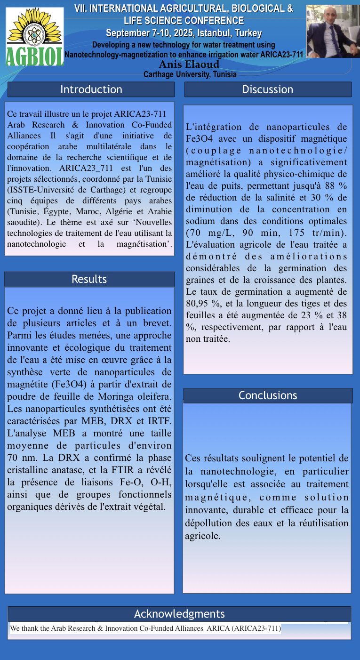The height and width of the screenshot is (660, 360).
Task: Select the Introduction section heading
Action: coord(91,89)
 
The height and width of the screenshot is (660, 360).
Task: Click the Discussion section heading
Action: coord(268,89)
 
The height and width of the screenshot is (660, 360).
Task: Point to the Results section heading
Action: coord(89,279)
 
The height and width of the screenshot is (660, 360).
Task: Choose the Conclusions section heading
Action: coord(268,395)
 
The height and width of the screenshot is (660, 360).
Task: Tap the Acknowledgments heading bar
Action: coord(179,614)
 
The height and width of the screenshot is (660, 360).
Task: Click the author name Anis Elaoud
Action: coord(189,64)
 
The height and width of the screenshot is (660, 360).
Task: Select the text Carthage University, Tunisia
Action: coord(190,74)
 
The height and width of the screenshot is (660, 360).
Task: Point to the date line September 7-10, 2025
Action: coord(184,33)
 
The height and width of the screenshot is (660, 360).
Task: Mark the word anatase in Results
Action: coord(78,470)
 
